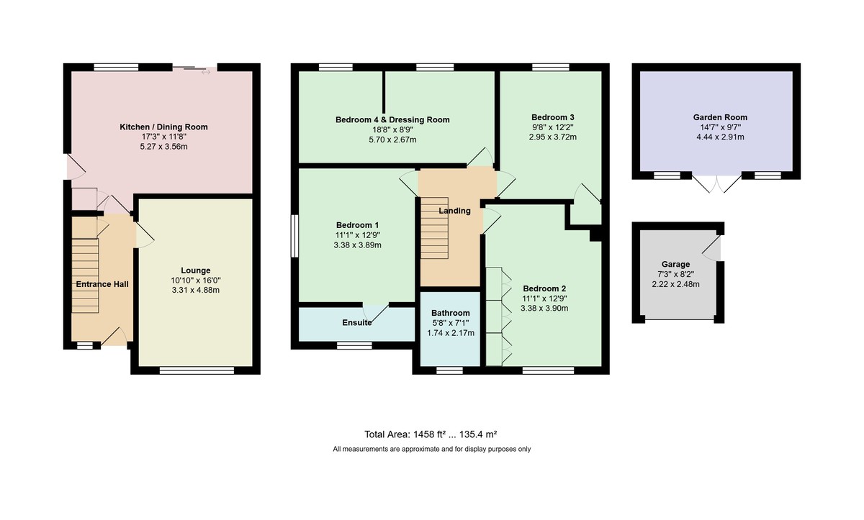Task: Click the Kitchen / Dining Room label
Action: click(163, 127)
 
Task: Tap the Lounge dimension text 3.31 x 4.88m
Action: click(196, 290)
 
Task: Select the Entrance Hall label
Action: click(102, 284)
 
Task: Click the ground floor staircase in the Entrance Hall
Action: click(85, 275)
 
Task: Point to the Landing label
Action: click(455, 211)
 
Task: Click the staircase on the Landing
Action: click(434, 228)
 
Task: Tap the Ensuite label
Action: click(357, 322)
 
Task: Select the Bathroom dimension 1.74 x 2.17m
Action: click(451, 333)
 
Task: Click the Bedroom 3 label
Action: click(553, 117)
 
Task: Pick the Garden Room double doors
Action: click(716, 184)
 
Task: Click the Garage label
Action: click(675, 264)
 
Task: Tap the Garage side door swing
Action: click(711, 248)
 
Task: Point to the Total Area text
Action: click(431, 434)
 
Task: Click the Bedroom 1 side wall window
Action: click(294, 236)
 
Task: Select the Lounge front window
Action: click(197, 370)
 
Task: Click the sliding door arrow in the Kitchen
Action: click(206, 72)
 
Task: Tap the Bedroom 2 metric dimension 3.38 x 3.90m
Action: click(544, 308)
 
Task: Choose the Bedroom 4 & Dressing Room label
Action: click(392, 120)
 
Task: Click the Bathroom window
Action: click(449, 370)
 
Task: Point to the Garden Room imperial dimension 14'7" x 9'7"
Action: click(720, 127)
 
